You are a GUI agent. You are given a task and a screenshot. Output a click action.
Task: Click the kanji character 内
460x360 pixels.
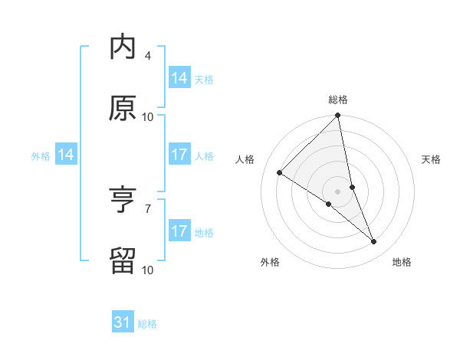[x=123, y=47]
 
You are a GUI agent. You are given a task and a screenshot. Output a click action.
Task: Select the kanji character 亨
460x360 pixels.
[x=123, y=201]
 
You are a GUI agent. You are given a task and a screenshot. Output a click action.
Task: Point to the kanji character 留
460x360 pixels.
[x=123, y=260]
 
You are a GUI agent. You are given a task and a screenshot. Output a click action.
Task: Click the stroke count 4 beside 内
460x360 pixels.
[x=148, y=56]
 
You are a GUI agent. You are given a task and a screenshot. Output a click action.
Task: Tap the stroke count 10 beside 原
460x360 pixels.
[x=148, y=116]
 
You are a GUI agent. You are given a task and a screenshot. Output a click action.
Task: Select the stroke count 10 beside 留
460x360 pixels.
[x=148, y=270]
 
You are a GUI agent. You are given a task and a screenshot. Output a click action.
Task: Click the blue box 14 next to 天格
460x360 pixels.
[x=179, y=77]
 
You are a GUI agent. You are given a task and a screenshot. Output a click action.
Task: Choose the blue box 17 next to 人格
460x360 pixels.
[x=179, y=154]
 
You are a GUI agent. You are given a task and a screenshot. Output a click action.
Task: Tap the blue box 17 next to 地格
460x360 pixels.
[x=179, y=231]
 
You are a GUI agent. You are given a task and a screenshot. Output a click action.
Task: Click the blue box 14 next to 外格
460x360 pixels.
[x=66, y=155]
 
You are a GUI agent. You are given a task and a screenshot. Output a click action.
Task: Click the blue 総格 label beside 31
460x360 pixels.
[x=147, y=324]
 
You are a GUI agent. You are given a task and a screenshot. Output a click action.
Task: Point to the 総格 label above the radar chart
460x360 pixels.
[x=338, y=100]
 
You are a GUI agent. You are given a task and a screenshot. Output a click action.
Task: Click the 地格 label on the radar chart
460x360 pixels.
[x=402, y=263]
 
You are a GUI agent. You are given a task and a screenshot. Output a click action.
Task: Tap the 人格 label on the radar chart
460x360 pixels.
[x=245, y=159]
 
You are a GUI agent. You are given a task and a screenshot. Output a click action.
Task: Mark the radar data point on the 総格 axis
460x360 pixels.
[x=338, y=116]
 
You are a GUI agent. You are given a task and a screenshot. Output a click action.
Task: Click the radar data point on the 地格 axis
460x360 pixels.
[x=374, y=242]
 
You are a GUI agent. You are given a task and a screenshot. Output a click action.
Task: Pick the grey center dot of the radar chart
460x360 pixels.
[x=338, y=191]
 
